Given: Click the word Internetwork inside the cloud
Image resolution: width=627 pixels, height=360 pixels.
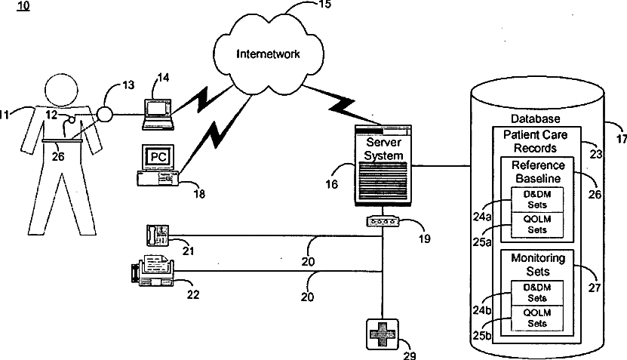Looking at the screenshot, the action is coord(268,54).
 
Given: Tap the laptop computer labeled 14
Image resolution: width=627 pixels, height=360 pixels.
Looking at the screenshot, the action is coord(158,115).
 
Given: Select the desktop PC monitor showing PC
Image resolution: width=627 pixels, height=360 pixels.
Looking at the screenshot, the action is coord(158,157).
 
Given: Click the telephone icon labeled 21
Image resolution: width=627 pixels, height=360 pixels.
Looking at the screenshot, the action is coord(157,235).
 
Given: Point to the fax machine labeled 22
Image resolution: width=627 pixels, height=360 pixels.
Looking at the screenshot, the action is coord(152,271).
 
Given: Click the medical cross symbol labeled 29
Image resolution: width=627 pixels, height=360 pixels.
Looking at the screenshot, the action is coord(383,334).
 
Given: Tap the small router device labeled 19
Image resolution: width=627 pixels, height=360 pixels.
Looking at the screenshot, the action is coord(383,221).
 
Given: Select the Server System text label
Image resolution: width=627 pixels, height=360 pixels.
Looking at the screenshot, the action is coord(383,149).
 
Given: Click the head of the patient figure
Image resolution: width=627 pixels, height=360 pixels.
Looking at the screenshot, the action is coord(61,90).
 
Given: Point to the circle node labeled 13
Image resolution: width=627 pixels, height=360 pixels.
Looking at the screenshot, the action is coord(104,115).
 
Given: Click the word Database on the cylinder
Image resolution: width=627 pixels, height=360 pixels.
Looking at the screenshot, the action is coord(536,118).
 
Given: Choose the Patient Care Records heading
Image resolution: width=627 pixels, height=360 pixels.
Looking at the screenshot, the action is coord(536,142).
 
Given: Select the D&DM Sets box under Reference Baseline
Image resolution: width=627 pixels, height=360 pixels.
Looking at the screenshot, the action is coord(537,199).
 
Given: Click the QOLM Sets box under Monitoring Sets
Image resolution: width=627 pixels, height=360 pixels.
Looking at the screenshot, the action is coord(537,318).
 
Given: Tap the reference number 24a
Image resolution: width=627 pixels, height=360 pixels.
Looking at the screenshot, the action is coord(482,217).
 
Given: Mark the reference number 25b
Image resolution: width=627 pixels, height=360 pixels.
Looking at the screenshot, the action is coord(482,336).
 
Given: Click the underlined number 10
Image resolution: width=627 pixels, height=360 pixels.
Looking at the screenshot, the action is coord(23,5).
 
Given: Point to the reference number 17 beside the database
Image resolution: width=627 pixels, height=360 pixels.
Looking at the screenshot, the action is coord(621,139).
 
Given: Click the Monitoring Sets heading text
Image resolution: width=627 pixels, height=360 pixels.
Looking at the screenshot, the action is coord(538,265).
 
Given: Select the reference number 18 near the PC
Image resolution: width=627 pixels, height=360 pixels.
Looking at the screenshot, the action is coord(199,194).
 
